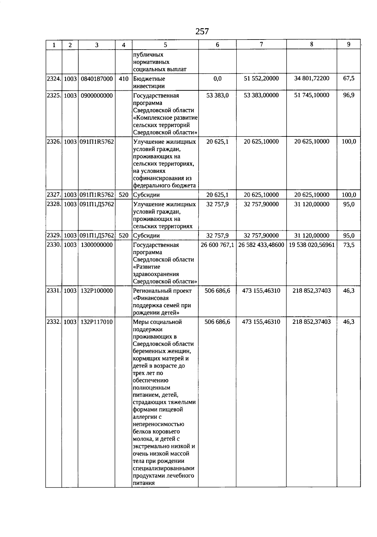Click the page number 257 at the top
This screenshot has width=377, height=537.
click(x=202, y=31)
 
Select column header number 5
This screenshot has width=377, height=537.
click(x=165, y=45)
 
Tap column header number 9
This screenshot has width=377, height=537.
click(x=348, y=45)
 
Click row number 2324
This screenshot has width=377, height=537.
click(x=53, y=79)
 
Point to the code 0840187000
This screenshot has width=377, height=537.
click(x=96, y=79)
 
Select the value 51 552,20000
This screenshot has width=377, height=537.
click(x=261, y=78)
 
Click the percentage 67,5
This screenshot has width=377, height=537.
click(x=349, y=78)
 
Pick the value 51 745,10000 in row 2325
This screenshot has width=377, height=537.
click(x=311, y=95)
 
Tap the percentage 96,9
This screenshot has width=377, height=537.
click(x=349, y=95)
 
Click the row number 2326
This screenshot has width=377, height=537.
click(x=53, y=142)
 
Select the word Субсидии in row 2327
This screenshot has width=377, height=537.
click(x=146, y=195)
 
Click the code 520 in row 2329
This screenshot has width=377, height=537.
click(x=123, y=236)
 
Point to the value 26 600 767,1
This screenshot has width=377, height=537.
click(x=217, y=245)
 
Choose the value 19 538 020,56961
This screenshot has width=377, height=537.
click(x=311, y=245)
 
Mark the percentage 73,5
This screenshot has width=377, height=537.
click(x=349, y=245)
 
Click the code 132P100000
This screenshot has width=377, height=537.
click(x=96, y=291)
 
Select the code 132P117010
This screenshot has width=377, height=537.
click(x=96, y=322)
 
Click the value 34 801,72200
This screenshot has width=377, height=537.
click(x=311, y=78)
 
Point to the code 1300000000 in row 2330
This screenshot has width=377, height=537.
click(x=96, y=245)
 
